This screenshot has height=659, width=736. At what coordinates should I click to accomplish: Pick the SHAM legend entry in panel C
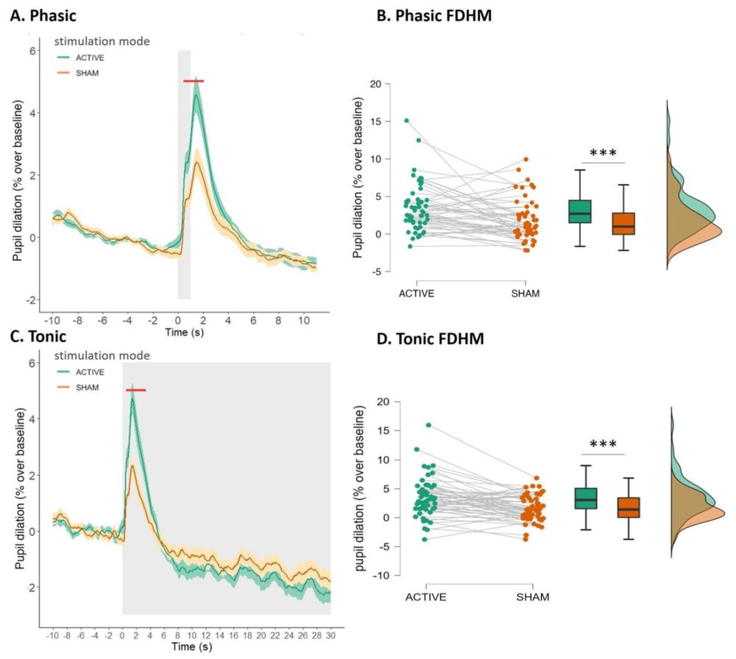(86, 387)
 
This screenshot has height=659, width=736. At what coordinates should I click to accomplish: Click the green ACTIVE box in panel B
(581, 211)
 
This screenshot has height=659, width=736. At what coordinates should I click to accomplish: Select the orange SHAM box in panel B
(623, 224)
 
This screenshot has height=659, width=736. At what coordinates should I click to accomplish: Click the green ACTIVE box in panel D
(585, 498)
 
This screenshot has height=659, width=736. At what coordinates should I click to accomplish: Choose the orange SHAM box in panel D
(628, 507)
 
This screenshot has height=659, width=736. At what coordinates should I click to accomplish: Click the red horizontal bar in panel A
(194, 81)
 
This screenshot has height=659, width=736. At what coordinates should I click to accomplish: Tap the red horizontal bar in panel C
(135, 390)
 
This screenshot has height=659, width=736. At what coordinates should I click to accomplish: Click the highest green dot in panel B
(406, 120)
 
